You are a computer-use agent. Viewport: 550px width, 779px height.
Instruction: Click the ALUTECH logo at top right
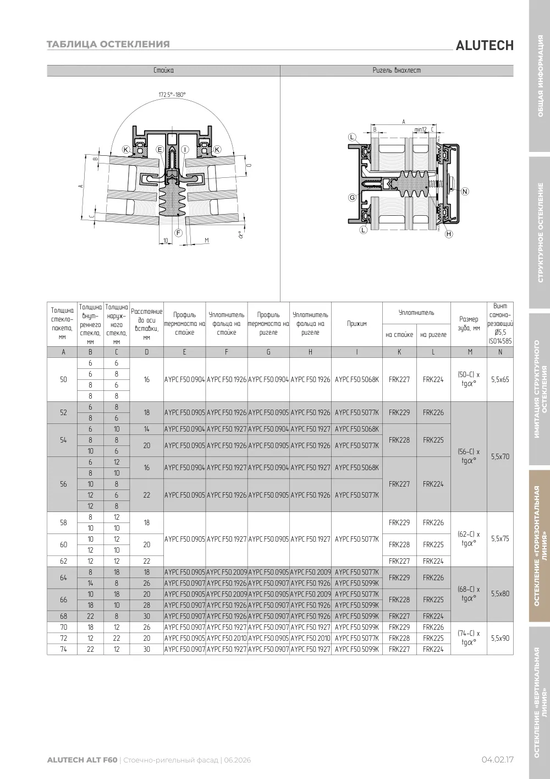[485, 46]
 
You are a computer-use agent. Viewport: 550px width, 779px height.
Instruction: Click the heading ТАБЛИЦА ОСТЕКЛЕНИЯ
[108, 44]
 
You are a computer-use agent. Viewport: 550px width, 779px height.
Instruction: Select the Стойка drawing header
[164, 70]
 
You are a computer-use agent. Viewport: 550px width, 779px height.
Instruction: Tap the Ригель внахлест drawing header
[397, 70]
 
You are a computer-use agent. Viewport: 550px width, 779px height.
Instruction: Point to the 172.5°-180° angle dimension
[172, 95]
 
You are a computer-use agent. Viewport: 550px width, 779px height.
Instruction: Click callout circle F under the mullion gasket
[179, 233]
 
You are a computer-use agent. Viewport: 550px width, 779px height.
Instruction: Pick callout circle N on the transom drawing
[465, 191]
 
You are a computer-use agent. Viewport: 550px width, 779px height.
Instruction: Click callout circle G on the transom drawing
[353, 198]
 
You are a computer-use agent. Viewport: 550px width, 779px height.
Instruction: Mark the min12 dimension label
[420, 129]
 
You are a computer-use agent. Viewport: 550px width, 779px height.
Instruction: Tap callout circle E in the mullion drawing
[160, 150]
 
